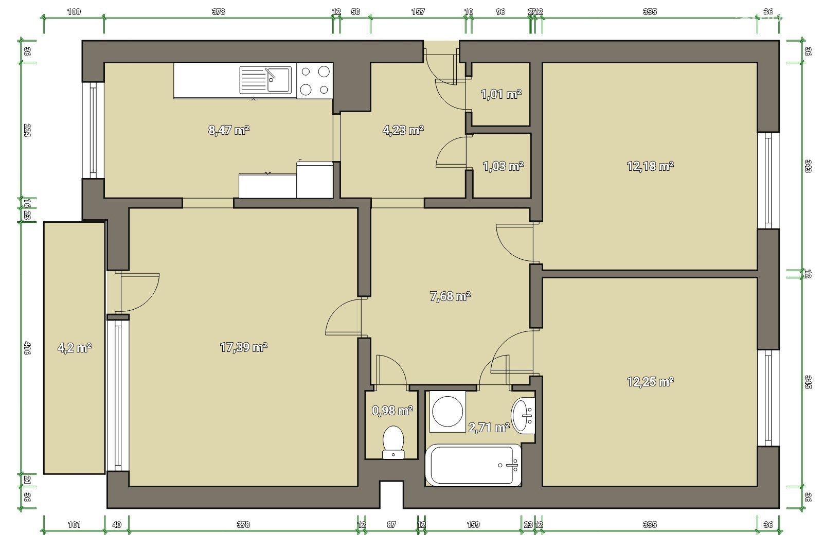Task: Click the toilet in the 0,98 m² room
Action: [393, 442]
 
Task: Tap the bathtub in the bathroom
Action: [473, 465]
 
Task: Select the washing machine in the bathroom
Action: [447, 412]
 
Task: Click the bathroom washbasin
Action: [523, 416]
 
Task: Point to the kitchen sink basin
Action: [279, 79]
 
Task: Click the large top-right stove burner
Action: [324, 72]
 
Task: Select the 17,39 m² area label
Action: [243, 347]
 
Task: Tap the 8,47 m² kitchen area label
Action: [228, 130]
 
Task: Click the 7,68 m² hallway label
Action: [450, 296]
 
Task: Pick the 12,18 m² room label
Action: [650, 166]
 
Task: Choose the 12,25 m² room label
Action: [650, 382]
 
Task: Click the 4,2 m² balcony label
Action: [74, 347]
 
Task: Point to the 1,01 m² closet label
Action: [501, 95]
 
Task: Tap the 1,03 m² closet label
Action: [503, 167]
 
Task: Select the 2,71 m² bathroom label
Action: [489, 428]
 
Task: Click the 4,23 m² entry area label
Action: [403, 130]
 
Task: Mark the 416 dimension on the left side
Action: [27, 348]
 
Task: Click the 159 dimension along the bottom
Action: [473, 524]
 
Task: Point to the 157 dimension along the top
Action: [418, 12]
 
